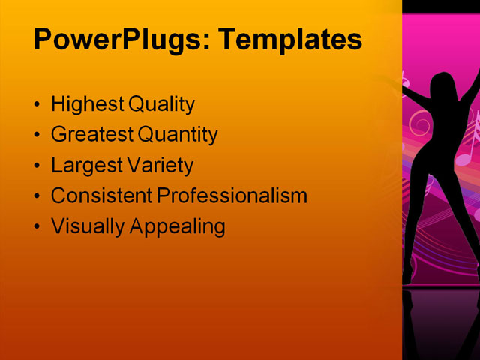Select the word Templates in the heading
[289, 39]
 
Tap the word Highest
[88, 105]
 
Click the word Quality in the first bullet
[161, 105]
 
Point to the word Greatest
[92, 135]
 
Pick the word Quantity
[178, 136]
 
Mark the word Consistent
[102, 196]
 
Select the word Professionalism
[232, 196]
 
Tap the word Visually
[88, 226]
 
